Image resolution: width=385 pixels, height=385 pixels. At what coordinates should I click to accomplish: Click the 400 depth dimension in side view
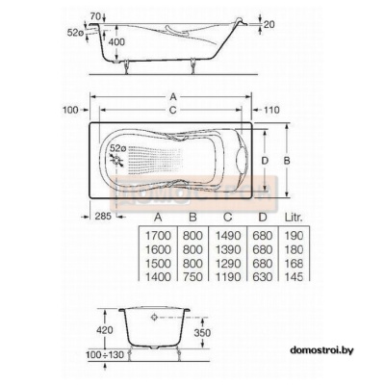(x=115, y=42)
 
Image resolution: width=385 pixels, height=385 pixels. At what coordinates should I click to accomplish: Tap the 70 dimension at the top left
(x=96, y=15)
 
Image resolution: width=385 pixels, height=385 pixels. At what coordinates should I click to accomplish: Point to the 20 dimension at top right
(x=269, y=24)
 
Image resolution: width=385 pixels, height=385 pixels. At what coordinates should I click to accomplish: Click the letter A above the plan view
(x=173, y=96)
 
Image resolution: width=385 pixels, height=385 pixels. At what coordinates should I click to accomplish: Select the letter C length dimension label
(x=173, y=110)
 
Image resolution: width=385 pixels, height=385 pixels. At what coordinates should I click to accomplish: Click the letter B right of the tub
(x=287, y=161)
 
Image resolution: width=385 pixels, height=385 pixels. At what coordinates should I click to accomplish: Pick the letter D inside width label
(x=265, y=161)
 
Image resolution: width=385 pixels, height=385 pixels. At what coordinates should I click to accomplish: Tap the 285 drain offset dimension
(x=103, y=216)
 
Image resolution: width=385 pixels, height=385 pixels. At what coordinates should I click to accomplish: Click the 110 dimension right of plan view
(x=271, y=110)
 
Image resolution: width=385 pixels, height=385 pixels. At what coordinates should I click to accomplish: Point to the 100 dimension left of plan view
(x=70, y=110)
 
